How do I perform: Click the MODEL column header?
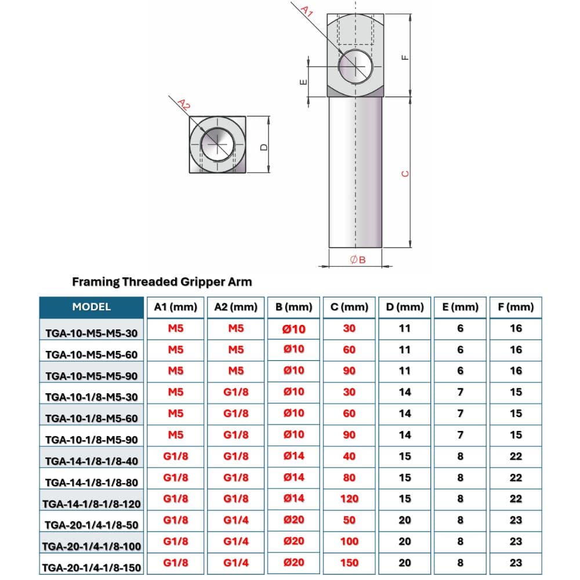pos(91,307)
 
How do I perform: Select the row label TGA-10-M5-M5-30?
pos(91,333)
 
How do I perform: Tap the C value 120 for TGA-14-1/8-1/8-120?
pos(349,498)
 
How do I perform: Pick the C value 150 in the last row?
pos(349,562)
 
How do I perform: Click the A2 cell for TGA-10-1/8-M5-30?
pos(236,392)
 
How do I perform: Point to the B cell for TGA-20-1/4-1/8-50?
pos(294,520)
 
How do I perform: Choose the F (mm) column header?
pos(516,307)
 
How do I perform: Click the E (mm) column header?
pos(460,307)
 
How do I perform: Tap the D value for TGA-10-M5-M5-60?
pos(405,350)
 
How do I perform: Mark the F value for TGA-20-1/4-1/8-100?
pos(516,541)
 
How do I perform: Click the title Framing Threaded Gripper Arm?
pos(162,282)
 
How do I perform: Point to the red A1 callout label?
pos(307,10)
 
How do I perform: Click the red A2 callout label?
pos(183,104)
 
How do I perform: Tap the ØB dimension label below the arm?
pos(358,260)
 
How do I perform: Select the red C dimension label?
pos(405,173)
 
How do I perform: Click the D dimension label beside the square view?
pos(264,147)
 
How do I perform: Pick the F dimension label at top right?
pos(405,57)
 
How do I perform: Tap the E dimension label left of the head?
pos(303,82)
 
